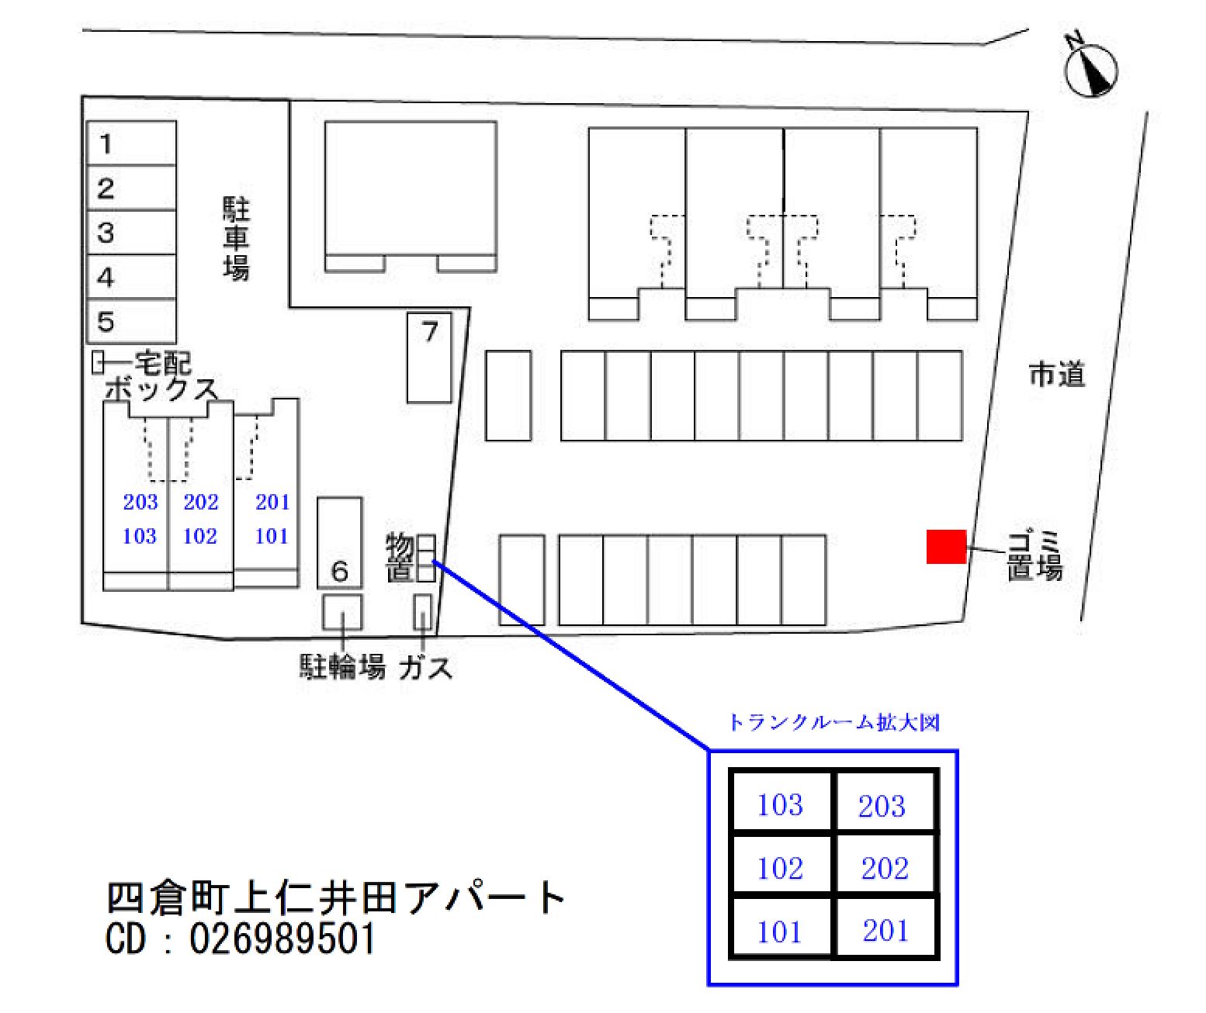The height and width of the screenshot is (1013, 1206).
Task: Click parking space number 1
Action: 130,143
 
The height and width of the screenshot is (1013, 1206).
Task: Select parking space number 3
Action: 130,233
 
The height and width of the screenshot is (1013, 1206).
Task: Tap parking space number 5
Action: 130,322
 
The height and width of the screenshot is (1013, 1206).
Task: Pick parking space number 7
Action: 429,357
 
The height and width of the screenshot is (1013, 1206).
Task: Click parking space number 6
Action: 340,543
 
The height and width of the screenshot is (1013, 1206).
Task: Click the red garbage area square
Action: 946,547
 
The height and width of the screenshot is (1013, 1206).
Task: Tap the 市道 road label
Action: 1056,375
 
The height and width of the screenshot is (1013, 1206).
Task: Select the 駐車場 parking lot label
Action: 237,238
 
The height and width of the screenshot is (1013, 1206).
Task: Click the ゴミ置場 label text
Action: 1034,555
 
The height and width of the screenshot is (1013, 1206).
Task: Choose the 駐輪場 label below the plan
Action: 342,667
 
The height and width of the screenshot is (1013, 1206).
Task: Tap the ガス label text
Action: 425,667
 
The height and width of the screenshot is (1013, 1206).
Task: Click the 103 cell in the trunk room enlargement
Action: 780,805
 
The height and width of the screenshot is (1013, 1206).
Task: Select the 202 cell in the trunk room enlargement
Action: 885,868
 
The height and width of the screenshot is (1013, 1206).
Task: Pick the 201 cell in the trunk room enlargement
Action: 885,931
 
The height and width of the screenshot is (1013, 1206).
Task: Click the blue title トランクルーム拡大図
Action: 833,723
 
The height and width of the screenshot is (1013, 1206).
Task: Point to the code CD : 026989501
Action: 241,939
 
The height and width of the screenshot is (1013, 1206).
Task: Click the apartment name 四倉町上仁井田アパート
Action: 335,898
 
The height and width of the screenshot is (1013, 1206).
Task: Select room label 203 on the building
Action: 140,503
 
